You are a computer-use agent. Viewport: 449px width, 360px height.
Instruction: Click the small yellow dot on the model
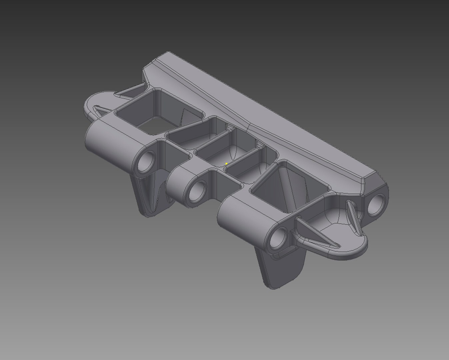pyautogui.click(x=226, y=164)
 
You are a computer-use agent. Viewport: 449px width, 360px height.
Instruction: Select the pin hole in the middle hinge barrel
pyautogui.click(x=198, y=190)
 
